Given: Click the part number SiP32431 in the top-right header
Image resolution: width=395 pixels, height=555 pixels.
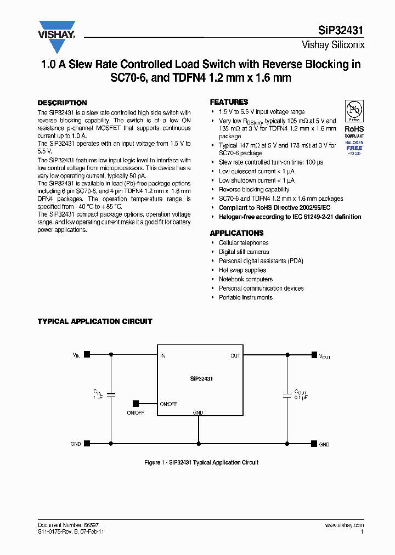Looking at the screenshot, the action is (341, 31).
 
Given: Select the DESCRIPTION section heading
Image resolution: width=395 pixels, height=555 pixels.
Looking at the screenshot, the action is (62, 103).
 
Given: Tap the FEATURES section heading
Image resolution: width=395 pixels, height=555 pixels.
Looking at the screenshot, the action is (229, 102).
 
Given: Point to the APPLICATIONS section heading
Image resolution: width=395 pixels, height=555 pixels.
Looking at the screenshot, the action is (236, 233).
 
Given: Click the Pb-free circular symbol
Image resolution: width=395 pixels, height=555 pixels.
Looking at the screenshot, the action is (354, 111).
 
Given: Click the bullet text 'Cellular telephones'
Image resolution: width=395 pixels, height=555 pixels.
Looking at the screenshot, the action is (244, 243).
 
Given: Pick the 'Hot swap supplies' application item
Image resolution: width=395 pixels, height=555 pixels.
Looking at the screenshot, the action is (242, 270).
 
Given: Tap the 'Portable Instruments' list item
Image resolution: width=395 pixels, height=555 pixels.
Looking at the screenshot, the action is (245, 297).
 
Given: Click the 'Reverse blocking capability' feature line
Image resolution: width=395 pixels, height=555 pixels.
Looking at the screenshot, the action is (254, 190).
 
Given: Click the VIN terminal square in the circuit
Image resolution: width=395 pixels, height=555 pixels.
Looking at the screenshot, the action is (87, 355).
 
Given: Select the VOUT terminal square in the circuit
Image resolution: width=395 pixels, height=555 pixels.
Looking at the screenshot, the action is (314, 355).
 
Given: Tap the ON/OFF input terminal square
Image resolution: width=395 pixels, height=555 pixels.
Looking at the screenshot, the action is (136, 404).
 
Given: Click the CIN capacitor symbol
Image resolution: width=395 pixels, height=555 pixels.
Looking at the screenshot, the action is (111, 394).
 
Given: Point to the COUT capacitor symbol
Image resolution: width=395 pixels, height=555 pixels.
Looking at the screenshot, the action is (286, 394).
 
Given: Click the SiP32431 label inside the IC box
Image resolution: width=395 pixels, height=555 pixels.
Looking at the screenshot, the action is (202, 379).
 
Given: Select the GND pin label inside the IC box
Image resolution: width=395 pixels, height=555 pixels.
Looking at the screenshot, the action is (198, 412).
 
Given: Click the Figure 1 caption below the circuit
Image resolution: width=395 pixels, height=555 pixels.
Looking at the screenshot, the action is (201, 463).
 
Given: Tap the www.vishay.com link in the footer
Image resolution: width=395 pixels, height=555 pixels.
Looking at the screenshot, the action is (344, 525).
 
